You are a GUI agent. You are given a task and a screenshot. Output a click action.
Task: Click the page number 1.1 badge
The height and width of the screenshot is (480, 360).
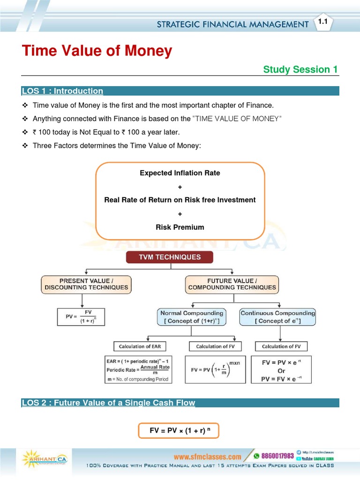coord(322,22)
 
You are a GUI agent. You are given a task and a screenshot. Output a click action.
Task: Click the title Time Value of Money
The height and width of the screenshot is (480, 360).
coord(97,51)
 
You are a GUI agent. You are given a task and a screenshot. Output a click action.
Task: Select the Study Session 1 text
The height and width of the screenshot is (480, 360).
coord(300,69)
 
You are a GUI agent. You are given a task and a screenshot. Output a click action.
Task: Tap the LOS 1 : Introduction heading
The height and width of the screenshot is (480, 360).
coord(62,91)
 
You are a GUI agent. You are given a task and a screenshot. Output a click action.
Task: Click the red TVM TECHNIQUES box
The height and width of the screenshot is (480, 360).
coord(169,257)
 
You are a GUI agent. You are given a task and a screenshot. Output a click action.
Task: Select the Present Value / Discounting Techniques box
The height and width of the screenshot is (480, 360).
coord(87,284)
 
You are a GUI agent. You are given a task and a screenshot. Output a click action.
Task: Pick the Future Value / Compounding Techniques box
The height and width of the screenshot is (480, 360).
coord(232,284)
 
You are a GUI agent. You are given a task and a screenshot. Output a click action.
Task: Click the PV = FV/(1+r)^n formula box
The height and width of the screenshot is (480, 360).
coord(80,317)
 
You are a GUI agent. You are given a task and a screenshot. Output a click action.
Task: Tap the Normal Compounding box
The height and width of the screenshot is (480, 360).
coord(192,317)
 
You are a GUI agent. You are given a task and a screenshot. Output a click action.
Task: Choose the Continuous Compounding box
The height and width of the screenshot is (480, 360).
coord(277,317)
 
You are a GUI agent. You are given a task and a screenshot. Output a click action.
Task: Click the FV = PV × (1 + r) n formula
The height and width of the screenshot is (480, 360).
coord(178,430)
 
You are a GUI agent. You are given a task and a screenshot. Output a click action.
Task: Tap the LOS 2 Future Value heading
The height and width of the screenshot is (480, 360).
coord(108,403)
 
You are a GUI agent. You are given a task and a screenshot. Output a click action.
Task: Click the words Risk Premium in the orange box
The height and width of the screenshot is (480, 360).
coord(180,227)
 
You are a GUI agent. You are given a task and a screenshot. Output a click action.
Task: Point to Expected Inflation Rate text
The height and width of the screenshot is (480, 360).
coord(180,173)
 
